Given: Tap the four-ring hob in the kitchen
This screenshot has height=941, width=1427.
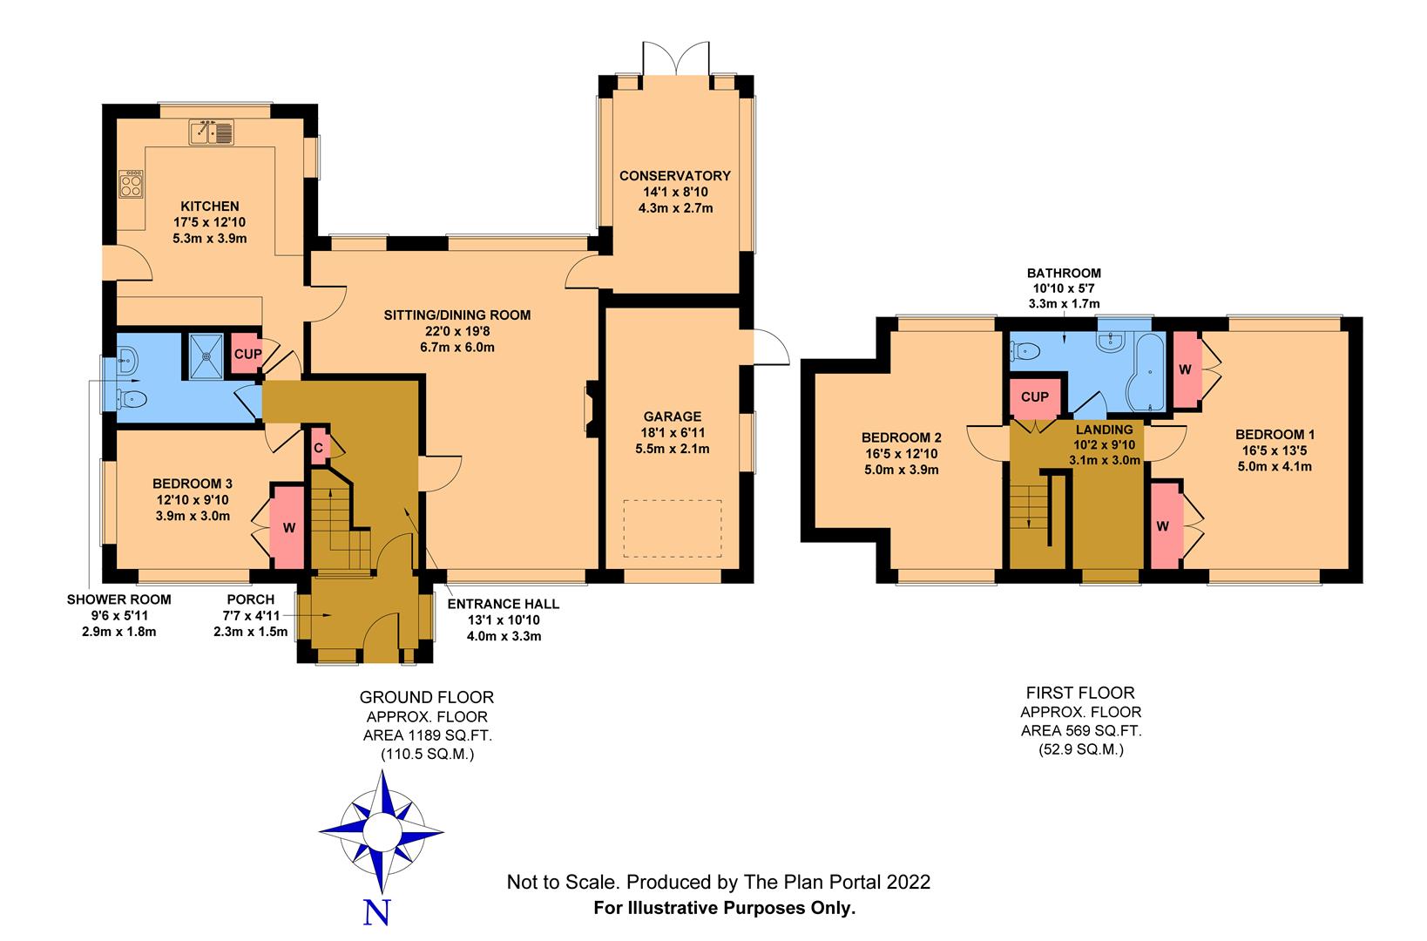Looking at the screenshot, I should click(131, 184).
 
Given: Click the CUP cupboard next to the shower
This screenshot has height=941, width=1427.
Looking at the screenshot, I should click(243, 354).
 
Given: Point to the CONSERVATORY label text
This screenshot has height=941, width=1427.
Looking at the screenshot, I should click(674, 176).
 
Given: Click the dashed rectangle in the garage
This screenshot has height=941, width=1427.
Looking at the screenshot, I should click(672, 528).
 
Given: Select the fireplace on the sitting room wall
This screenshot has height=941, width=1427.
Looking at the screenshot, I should click(591, 408).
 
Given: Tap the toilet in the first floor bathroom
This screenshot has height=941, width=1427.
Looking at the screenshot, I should click(1025, 351).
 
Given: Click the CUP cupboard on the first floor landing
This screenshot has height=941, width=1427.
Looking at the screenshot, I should click(1034, 396).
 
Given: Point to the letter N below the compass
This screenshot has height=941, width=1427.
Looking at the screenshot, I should click(375, 912).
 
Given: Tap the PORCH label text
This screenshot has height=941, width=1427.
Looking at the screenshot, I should click(250, 599).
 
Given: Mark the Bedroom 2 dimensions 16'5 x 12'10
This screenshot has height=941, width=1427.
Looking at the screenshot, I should click(901, 454).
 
